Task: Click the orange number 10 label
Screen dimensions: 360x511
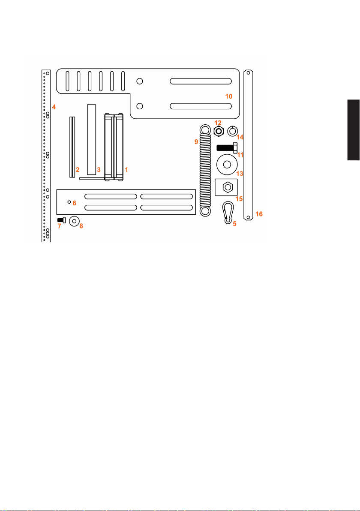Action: pos(229,96)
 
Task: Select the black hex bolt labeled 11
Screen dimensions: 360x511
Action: pos(227,147)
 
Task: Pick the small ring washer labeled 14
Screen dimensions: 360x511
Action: pos(232,131)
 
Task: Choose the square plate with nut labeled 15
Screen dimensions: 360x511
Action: pos(226,187)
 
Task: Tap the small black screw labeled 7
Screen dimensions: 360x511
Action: pos(61,220)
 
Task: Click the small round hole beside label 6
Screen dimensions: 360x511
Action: pos(69,202)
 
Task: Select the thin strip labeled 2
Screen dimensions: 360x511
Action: pos(72,147)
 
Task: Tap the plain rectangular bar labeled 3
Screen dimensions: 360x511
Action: pos(92,140)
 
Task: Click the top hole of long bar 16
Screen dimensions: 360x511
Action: pos(248,73)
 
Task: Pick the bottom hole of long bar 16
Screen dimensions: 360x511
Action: pos(248,217)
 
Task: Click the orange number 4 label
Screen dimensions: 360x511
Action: pos(54,107)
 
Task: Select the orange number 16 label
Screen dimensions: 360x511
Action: pos(259,214)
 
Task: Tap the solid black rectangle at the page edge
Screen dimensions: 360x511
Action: pos(354,130)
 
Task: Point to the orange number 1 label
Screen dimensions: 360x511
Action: pos(126,169)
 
